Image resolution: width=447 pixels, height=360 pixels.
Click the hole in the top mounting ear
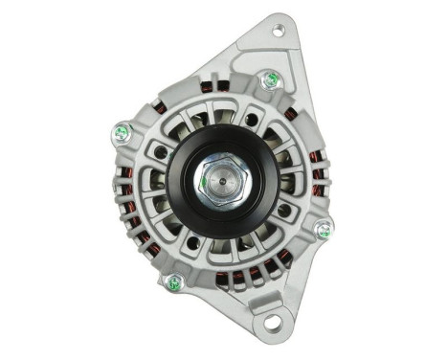[x=278, y=32]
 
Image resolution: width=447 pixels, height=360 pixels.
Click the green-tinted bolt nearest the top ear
[x=271, y=79]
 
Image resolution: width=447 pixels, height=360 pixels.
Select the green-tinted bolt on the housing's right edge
[x=324, y=230]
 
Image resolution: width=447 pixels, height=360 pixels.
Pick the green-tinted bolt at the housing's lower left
[x=173, y=282]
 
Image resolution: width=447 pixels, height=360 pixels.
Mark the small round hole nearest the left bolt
[x=161, y=151]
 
